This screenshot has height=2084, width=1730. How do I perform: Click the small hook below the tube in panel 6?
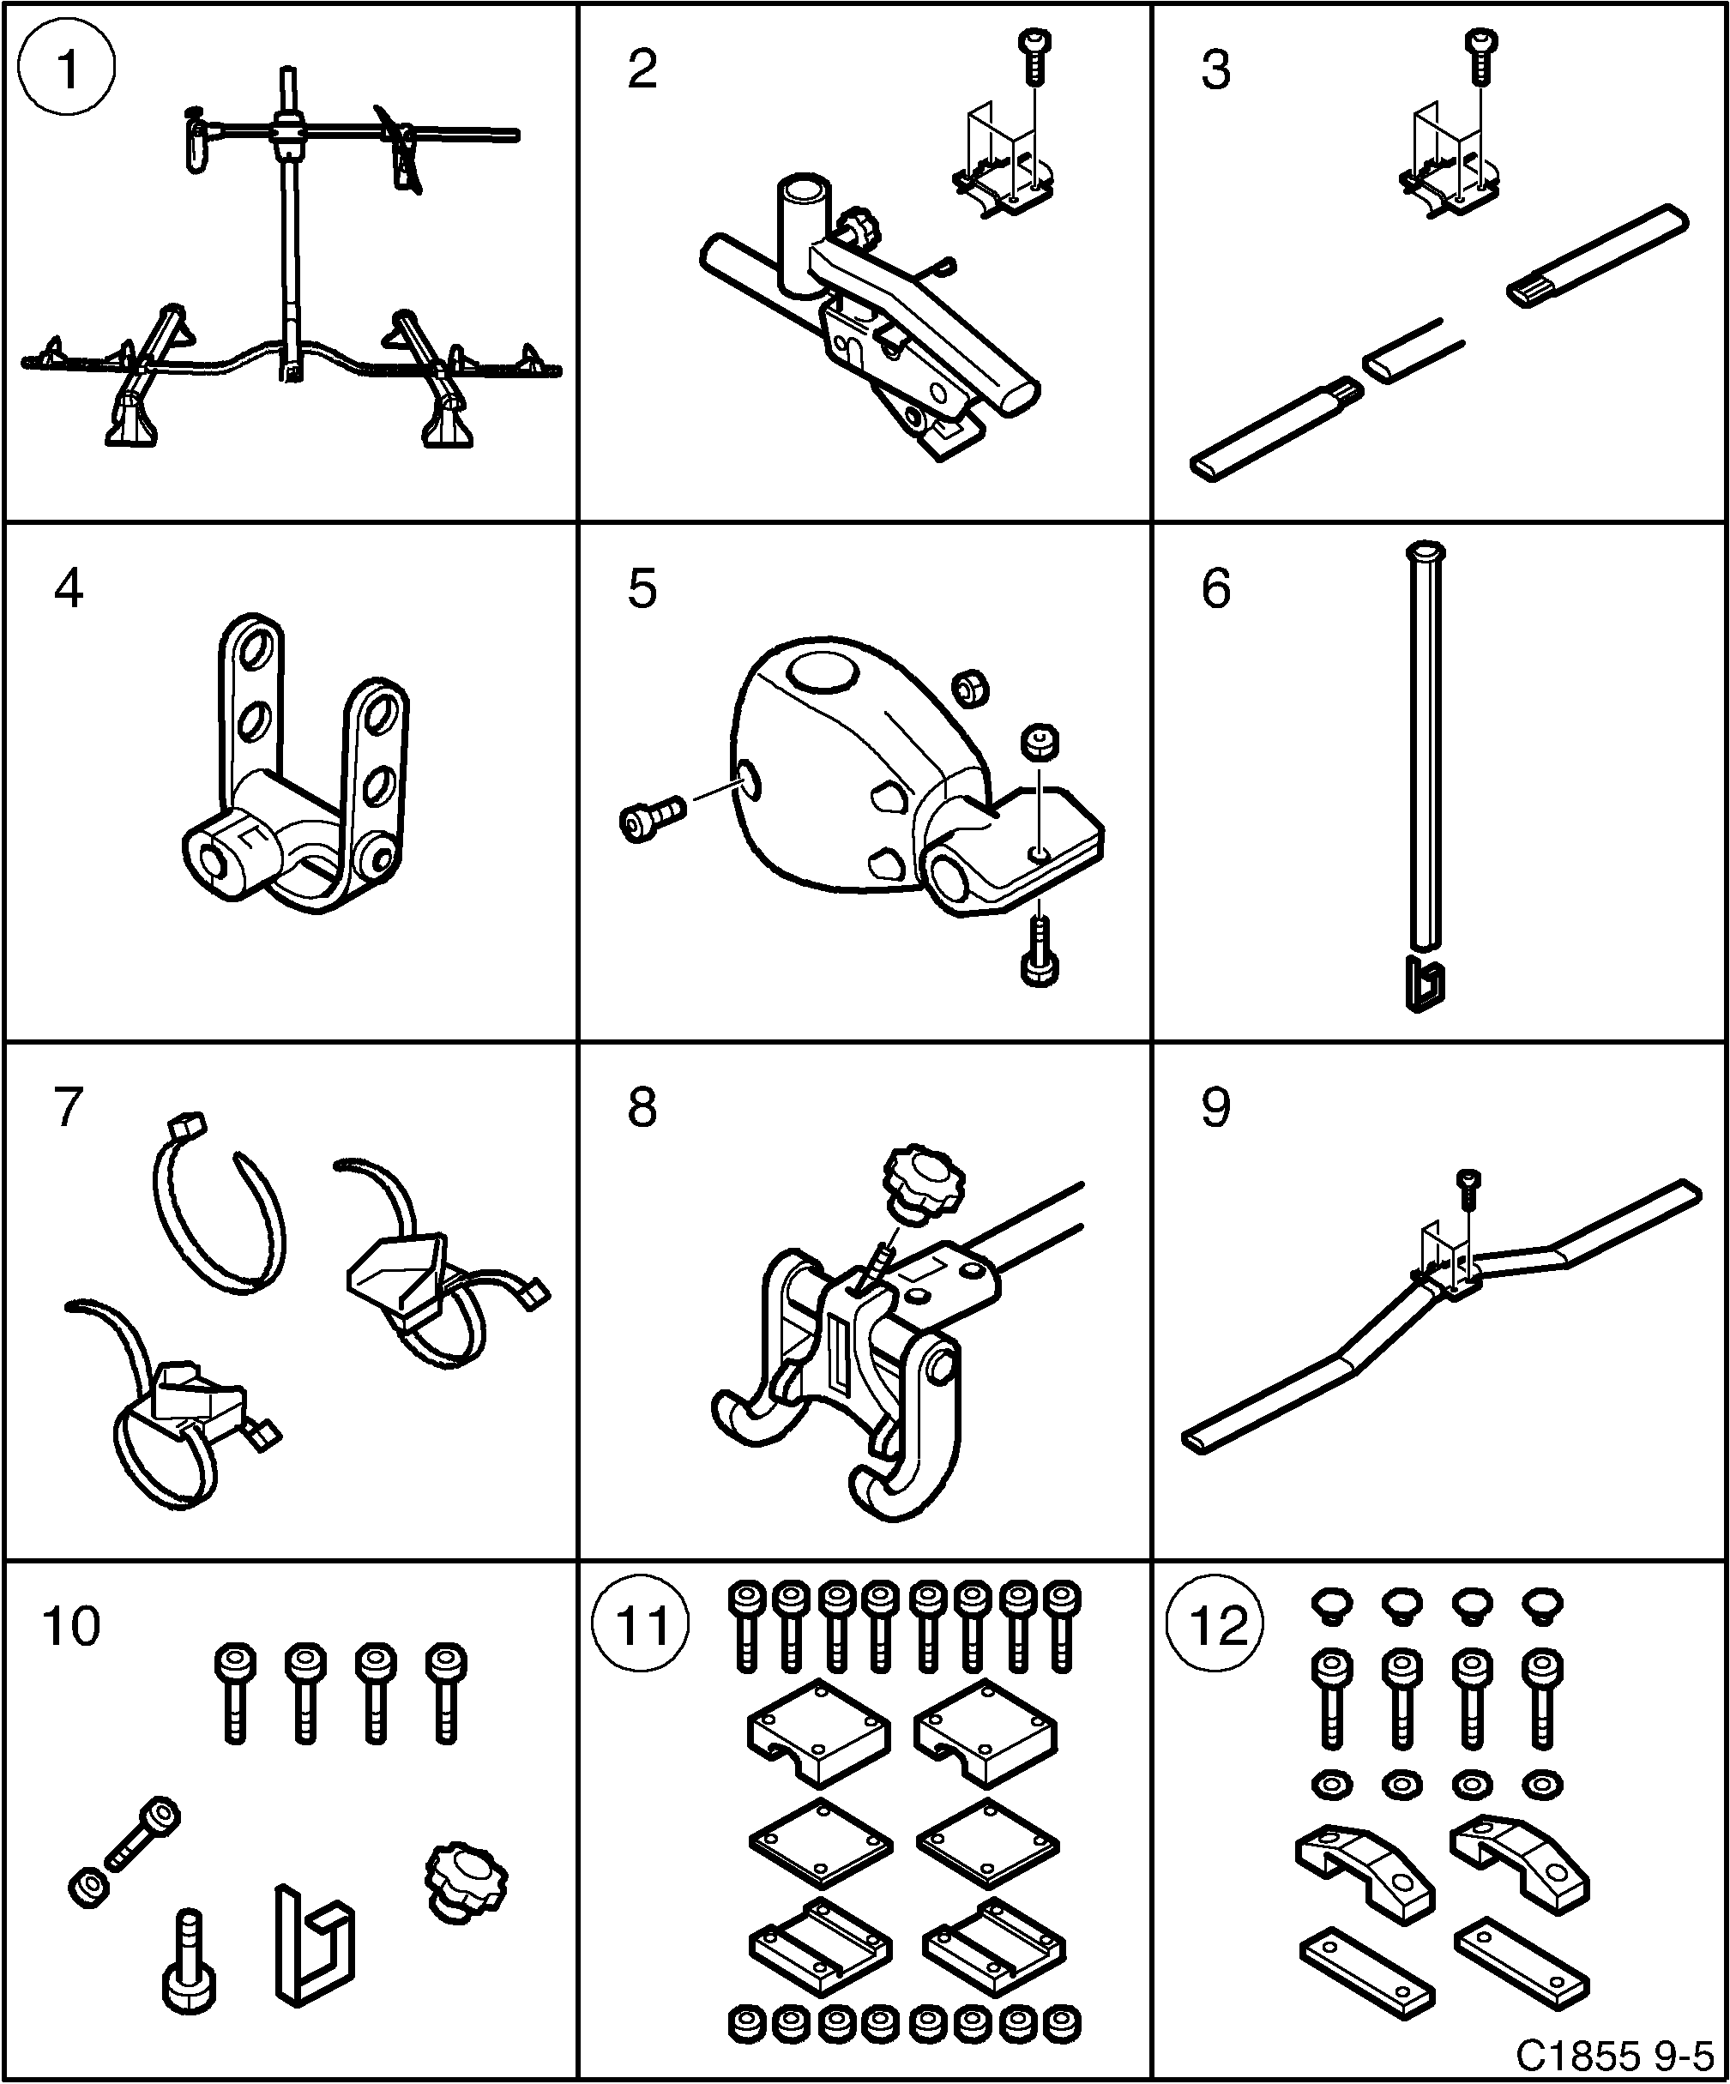[1426, 985]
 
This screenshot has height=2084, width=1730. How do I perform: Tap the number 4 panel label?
[69, 588]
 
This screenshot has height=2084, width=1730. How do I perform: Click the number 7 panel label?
[68, 1107]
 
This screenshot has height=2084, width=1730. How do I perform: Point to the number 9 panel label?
[1215, 1107]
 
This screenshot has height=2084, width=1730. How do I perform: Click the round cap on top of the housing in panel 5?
[823, 670]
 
